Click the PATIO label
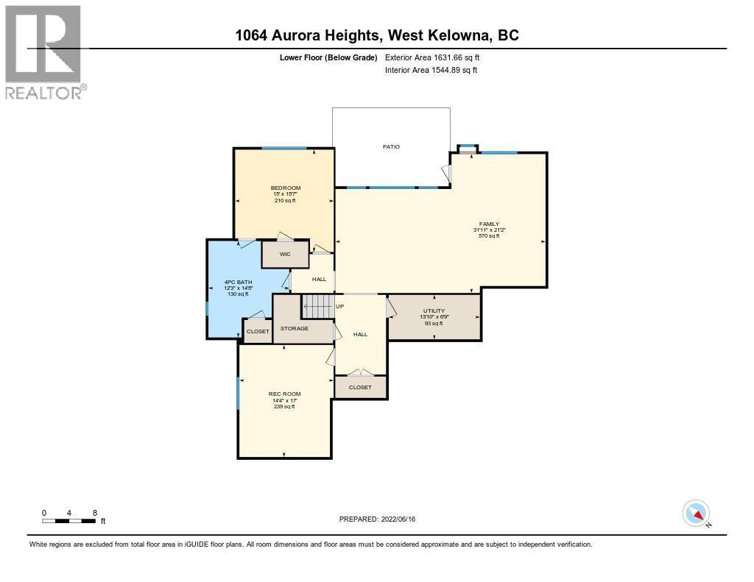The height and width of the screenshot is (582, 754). [391, 146]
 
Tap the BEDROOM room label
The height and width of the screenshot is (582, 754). [285, 188]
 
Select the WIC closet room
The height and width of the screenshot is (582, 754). [285, 254]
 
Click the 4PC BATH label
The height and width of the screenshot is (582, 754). [237, 282]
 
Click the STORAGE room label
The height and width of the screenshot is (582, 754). [294, 328]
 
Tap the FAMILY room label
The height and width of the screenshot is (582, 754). [490, 224]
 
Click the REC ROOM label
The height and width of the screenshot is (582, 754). [284, 394]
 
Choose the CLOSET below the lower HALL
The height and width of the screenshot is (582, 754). [360, 387]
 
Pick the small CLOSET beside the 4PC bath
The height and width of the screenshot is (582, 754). [258, 332]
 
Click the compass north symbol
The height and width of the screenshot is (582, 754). [697, 514]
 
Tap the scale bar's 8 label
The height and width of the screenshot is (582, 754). [95, 513]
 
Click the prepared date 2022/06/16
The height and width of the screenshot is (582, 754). [398, 519]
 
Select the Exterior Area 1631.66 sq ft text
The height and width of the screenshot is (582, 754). [432, 57]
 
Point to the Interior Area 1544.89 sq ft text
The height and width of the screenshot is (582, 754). [431, 70]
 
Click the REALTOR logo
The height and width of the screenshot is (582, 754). [44, 52]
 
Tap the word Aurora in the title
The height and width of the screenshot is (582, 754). [300, 35]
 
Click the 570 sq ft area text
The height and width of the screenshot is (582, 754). [490, 235]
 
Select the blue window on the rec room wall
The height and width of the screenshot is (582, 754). [238, 394]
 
